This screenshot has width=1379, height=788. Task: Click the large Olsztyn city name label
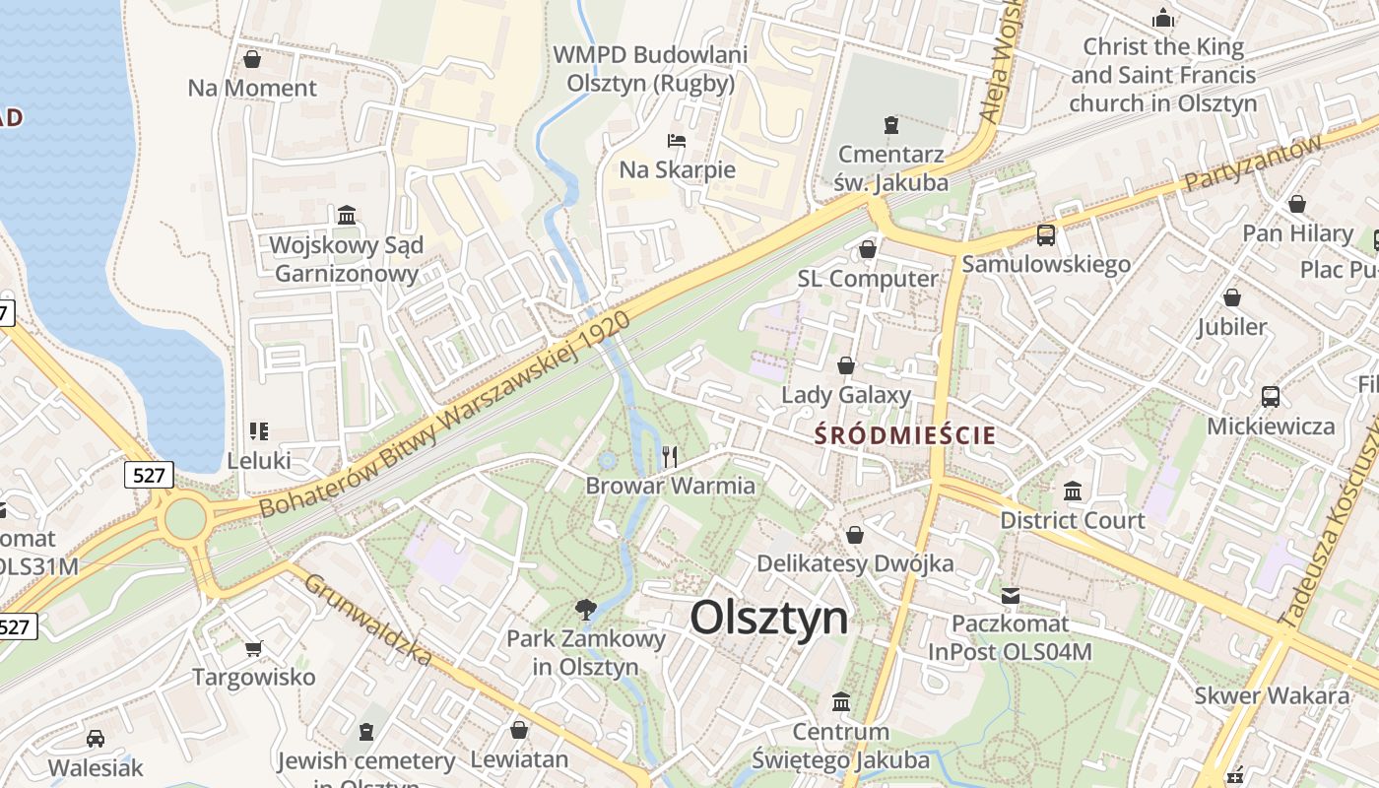point(768,619)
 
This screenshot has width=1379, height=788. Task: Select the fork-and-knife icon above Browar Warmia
point(670,456)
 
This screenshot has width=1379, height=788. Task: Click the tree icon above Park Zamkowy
point(586,609)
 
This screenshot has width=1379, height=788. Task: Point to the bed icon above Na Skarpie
point(677,141)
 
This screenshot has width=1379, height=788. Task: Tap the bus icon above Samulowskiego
point(1046,235)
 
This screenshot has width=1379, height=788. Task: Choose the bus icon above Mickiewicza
point(1271,397)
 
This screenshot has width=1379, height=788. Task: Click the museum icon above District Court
point(1073,491)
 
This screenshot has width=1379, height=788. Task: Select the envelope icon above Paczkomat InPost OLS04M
point(1011,595)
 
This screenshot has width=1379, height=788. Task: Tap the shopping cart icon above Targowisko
point(254,648)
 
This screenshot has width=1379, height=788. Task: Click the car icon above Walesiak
point(96,739)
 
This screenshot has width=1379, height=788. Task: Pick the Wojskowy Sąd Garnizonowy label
point(347,259)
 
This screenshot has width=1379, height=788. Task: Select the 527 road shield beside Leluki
point(150,476)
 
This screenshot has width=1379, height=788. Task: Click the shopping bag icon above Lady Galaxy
point(845,366)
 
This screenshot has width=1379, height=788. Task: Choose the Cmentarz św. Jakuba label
point(892,168)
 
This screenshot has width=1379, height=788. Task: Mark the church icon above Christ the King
point(1163,19)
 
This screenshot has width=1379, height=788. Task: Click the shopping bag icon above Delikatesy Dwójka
point(855,535)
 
